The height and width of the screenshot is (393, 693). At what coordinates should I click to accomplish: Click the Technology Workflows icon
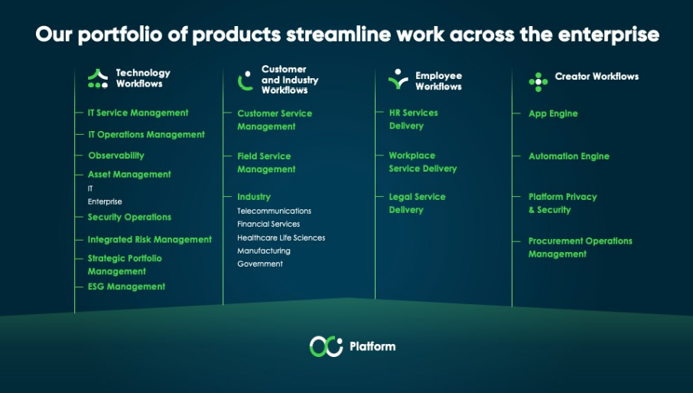(98, 79)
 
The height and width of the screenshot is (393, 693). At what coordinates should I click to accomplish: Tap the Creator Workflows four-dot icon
(538, 82)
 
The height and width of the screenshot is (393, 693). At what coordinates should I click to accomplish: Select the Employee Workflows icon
(399, 79)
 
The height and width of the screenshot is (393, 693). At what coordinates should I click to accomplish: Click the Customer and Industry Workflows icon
(246, 80)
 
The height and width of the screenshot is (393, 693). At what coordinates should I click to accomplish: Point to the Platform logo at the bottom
(326, 346)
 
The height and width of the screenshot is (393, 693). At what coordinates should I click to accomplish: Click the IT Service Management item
(138, 113)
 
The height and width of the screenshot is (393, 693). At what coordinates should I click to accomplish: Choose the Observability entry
(116, 156)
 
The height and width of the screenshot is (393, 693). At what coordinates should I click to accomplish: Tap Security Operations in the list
(129, 217)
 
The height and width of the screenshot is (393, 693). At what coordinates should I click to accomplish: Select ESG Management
(126, 287)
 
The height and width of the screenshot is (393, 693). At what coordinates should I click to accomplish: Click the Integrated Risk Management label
(150, 240)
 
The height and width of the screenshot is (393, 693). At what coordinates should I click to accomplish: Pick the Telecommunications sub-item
(274, 211)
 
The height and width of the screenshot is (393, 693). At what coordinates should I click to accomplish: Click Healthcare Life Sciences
(281, 237)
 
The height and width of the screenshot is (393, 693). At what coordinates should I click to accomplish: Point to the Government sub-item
(260, 264)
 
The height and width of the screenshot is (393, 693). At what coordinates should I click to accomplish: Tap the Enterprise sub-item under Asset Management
(105, 201)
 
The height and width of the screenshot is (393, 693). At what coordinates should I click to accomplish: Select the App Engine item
(553, 113)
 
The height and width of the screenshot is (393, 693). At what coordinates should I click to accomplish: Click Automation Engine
(569, 156)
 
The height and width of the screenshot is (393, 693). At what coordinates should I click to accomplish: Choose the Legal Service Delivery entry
(417, 203)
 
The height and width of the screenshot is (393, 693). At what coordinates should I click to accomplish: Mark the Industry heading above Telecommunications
(254, 197)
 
